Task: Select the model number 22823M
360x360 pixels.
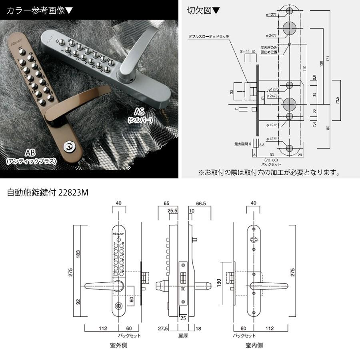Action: click(73, 192)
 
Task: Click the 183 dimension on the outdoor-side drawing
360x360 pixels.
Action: click(79, 254)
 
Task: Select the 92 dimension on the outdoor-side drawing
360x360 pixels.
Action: click(79, 301)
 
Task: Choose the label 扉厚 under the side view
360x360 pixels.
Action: click(183, 336)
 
